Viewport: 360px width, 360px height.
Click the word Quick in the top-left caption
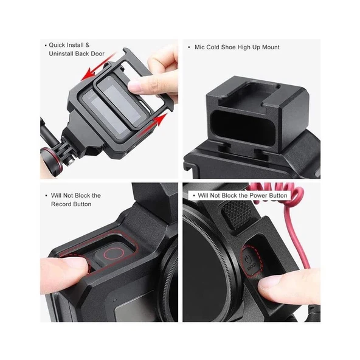click(x=60, y=45)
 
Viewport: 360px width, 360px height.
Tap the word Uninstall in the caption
click(x=64, y=54)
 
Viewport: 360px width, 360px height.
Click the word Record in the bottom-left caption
click(x=60, y=204)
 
